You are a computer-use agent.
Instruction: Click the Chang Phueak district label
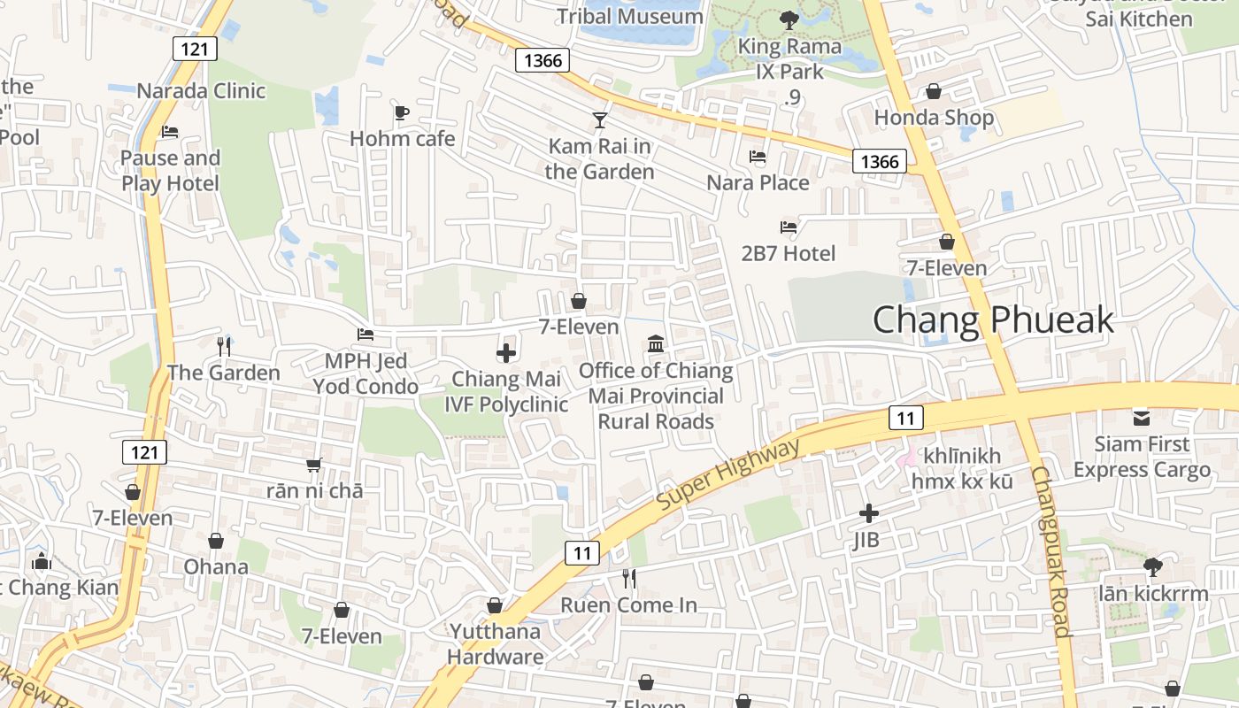tap(993, 319)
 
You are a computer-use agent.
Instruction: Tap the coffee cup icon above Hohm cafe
tap(401, 112)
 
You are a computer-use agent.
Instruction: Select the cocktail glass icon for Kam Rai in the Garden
tap(600, 119)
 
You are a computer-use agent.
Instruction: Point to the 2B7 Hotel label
tap(788, 254)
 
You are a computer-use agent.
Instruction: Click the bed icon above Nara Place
tap(758, 157)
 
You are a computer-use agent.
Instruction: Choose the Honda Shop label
tap(934, 118)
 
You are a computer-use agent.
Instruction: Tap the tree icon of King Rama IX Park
tap(788, 19)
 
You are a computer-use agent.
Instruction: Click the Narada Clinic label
tap(201, 90)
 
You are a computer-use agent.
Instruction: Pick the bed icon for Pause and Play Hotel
tap(170, 132)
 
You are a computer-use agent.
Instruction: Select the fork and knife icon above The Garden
tap(224, 346)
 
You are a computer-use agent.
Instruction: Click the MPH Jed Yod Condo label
tap(366, 373)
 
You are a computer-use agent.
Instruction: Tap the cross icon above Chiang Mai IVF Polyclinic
tap(506, 354)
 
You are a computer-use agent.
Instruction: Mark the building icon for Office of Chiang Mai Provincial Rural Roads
tap(656, 343)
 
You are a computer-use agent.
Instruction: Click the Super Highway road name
tap(729, 474)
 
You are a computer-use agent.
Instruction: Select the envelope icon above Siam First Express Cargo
tap(1142, 417)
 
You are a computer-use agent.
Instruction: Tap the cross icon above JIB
tap(869, 513)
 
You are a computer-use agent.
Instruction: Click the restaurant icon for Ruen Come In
tap(629, 579)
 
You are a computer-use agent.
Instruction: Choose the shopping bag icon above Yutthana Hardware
tap(495, 605)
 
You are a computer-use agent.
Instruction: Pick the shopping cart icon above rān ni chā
tap(314, 464)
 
